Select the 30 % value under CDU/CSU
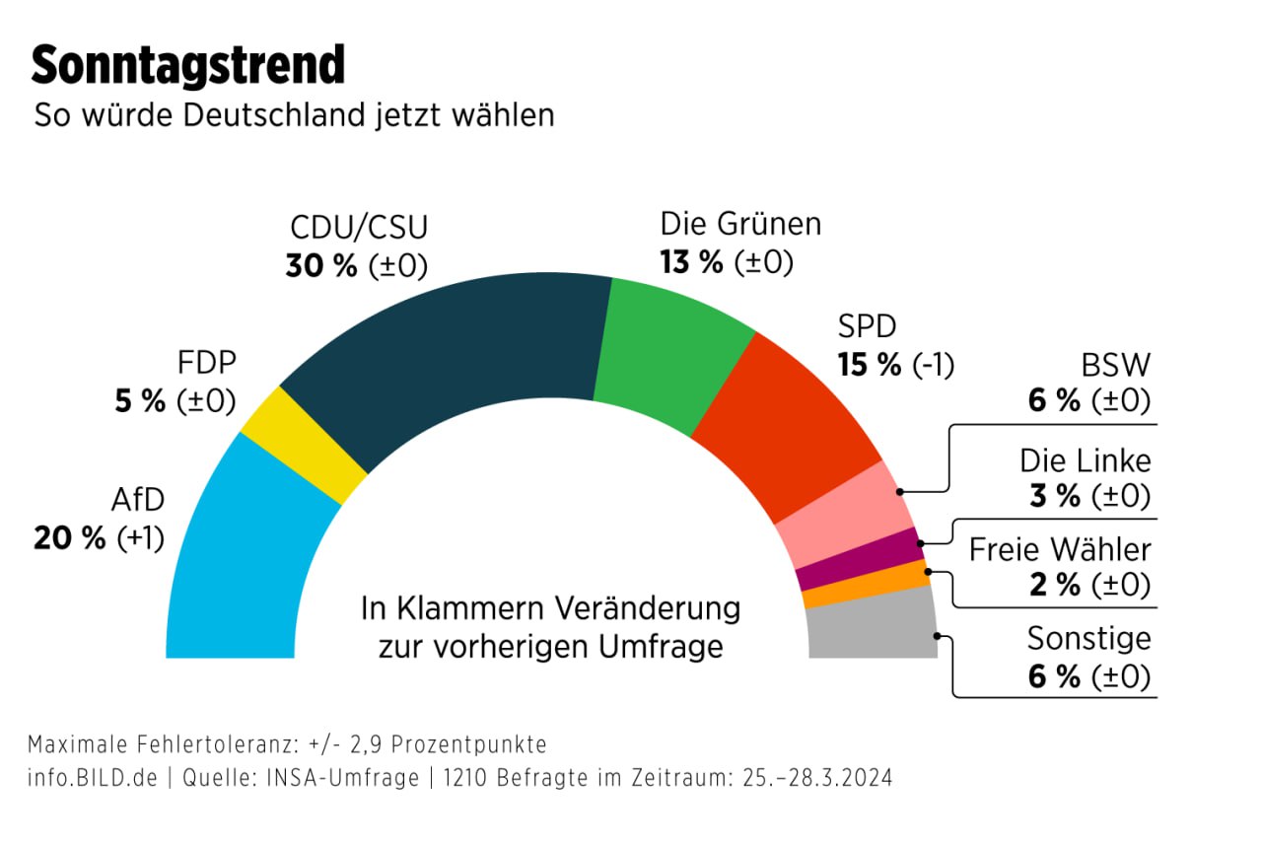(321, 266)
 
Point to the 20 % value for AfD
(69, 538)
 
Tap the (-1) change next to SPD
(932, 365)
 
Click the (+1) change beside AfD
(141, 538)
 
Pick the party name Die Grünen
(740, 224)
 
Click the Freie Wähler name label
(1060, 549)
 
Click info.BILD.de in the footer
(93, 777)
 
